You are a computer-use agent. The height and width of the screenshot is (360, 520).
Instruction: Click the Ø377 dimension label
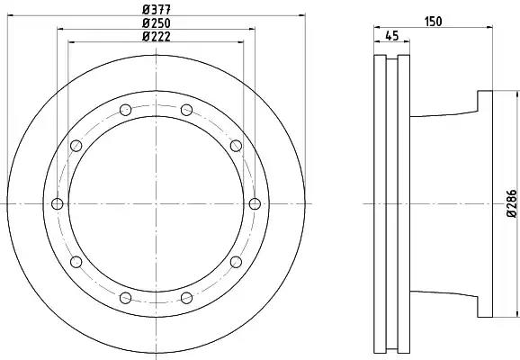point(157,10)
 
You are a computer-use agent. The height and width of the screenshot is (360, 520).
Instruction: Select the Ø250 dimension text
point(157,23)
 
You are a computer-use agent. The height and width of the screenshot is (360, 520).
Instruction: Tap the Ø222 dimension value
point(157,36)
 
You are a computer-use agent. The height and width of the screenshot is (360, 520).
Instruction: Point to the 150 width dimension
point(434,22)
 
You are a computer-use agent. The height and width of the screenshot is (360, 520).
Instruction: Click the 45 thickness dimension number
point(392,35)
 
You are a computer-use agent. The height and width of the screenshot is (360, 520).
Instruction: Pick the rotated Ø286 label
point(512,203)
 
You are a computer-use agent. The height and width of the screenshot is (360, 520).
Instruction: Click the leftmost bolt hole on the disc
point(58,203)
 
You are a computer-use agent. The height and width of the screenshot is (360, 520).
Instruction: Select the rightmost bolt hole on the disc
point(255,203)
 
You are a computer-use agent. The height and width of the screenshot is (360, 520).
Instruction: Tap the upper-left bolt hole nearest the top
point(126,110)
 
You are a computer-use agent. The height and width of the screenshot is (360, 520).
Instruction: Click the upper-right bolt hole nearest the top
point(187,110)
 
